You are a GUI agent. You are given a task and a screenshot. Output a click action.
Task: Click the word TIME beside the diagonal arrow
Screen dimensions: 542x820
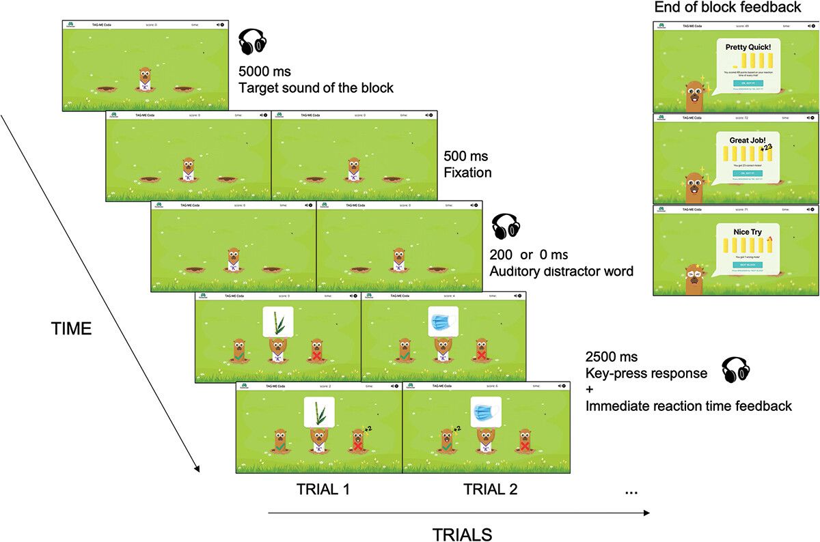(72, 328)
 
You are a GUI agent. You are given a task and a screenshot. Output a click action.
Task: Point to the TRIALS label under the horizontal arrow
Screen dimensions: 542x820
(462, 533)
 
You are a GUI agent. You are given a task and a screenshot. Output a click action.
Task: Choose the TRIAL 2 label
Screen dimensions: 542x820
(490, 489)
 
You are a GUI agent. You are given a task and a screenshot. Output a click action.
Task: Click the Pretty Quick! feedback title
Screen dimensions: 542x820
(748, 48)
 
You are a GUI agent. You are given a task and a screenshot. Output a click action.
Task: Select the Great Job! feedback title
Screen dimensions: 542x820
(748, 139)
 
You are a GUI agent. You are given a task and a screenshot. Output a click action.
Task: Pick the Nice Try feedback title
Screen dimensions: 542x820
(747, 232)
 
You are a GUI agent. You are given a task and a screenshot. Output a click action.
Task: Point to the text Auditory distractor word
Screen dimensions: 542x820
(561, 271)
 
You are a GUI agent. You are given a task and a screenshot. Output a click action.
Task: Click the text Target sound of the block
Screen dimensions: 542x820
(316, 87)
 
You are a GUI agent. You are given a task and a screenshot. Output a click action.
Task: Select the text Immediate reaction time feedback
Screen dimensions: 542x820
(688, 406)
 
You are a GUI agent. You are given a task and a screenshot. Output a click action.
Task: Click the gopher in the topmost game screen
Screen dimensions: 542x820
(145, 78)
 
